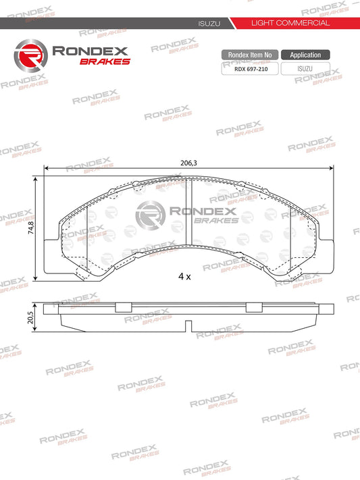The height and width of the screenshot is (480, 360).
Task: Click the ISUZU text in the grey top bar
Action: point(206,23)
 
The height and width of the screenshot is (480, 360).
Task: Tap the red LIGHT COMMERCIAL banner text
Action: point(290,23)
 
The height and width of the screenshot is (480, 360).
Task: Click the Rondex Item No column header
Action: point(249,55)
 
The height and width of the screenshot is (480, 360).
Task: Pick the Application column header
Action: point(305,55)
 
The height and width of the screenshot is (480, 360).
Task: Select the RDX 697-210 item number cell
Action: point(249,68)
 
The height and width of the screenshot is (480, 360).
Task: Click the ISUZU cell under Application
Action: point(305,68)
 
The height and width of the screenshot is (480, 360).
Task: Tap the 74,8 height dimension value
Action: point(30,225)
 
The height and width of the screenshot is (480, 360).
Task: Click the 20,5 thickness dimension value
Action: point(30,317)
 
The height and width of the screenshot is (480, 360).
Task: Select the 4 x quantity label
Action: point(184,277)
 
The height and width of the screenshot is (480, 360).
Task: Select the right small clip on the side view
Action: point(253,308)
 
